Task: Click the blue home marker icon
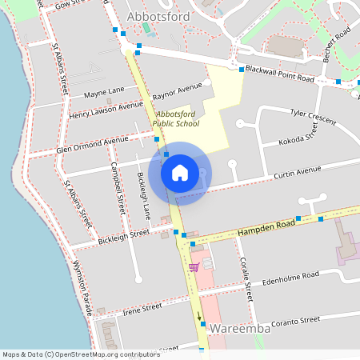coord(180,172)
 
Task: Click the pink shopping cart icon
coord(193,266)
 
